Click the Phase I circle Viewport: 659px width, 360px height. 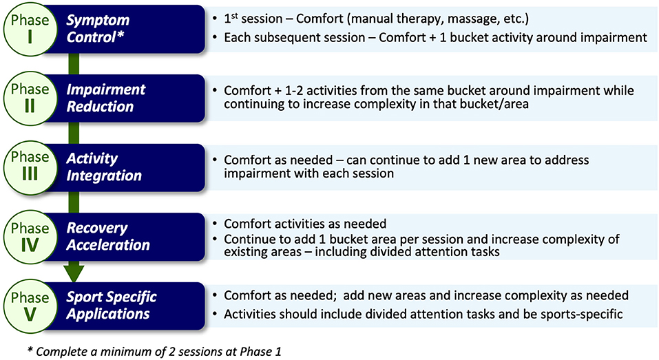coord(30,30)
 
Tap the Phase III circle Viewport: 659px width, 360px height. coord(30,168)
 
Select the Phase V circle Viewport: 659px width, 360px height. coord(30,306)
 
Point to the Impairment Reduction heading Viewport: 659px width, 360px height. coord(106,98)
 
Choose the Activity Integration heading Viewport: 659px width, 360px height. coord(104,167)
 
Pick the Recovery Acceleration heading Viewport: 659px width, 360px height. coord(108,237)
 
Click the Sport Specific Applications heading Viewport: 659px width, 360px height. coord(112,306)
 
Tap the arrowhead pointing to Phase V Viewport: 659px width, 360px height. coord(74,272)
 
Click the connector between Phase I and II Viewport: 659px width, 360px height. coord(74,64)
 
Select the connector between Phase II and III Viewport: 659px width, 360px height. coord(74,133)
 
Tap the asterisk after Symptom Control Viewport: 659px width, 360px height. coord(121,34)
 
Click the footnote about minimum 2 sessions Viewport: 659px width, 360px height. coord(154,351)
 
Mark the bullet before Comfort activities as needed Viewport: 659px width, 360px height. coord(215,224)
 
